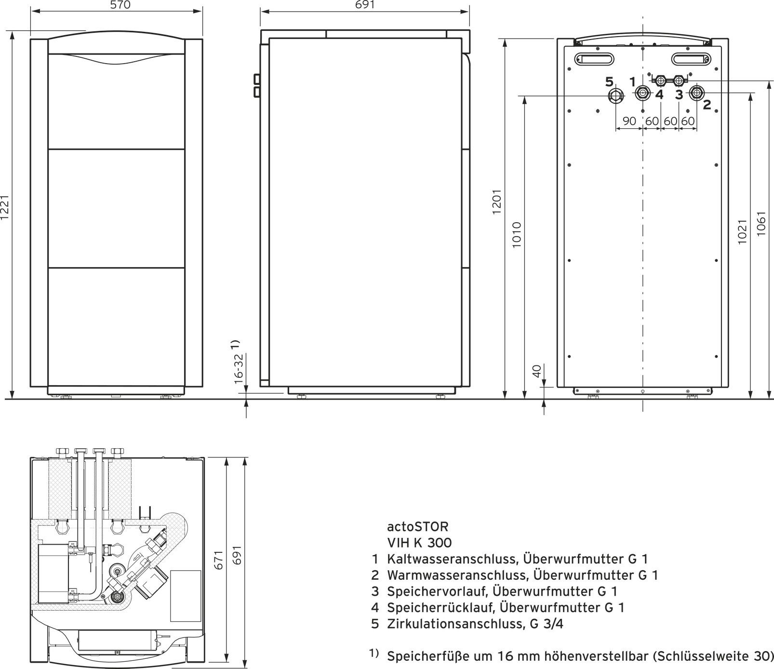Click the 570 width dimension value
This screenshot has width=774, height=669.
(x=117, y=5)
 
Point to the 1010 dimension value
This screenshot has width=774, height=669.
(x=517, y=235)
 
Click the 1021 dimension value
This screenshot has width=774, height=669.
(x=742, y=232)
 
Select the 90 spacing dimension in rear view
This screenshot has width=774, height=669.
(x=629, y=121)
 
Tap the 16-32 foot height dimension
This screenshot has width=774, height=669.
(x=239, y=369)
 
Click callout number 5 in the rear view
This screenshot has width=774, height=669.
(x=609, y=82)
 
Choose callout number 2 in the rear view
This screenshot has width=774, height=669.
(x=707, y=105)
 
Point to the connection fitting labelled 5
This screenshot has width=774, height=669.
(x=616, y=95)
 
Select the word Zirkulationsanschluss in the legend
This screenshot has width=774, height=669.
(x=455, y=624)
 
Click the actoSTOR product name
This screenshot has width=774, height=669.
(x=418, y=526)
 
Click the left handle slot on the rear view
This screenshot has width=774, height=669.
(x=595, y=59)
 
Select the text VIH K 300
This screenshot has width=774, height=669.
(x=419, y=543)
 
